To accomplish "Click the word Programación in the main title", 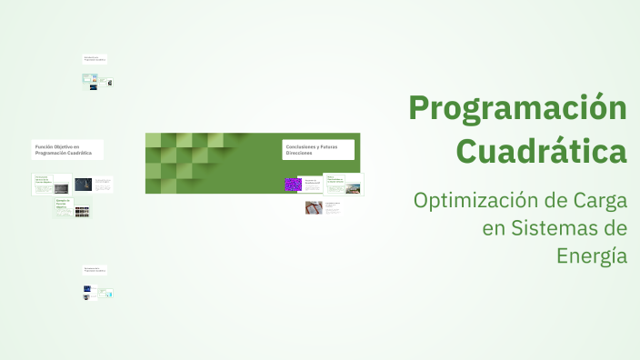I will [x=517, y=109].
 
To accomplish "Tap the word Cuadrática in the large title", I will [x=541, y=149].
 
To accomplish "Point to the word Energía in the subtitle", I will [x=592, y=255].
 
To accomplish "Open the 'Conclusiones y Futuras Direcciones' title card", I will [x=318, y=149].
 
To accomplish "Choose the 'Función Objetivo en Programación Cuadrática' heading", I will [x=66, y=149].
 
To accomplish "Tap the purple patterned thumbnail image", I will [x=293, y=184].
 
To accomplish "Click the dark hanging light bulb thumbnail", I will [x=83, y=185].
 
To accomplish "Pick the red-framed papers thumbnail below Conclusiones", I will [x=313, y=207].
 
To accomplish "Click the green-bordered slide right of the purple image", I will [x=342, y=185].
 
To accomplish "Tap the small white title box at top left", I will [x=95, y=59].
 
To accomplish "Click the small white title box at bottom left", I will [x=95, y=270].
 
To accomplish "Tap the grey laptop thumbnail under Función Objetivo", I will [x=62, y=187].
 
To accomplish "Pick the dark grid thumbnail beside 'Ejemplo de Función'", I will [x=82, y=211].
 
